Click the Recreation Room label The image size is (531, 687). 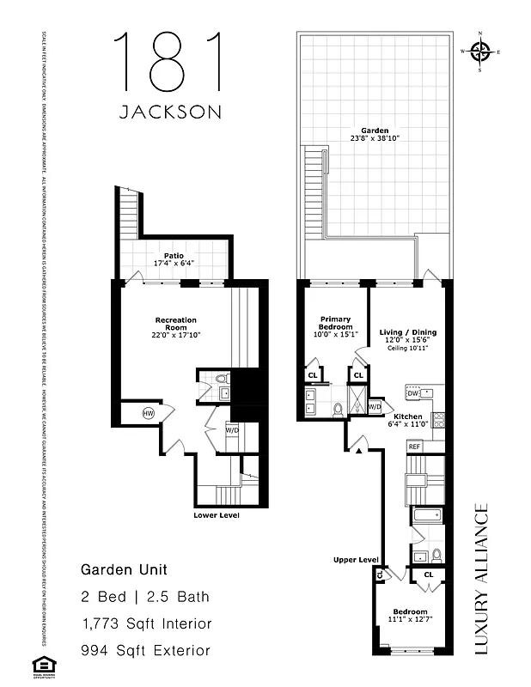tap(175, 320)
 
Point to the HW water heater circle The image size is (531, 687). tap(149, 414)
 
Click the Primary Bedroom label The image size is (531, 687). tap(335, 322)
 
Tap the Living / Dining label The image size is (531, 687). tap(407, 332)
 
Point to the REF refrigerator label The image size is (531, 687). tap(414, 447)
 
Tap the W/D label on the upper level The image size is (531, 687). tap(375, 406)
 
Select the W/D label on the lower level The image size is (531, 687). tap(232, 429)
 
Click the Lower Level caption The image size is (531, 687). tap(217, 515)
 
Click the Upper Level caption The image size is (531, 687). tap(356, 560)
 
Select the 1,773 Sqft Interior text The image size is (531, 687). tap(145, 623)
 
